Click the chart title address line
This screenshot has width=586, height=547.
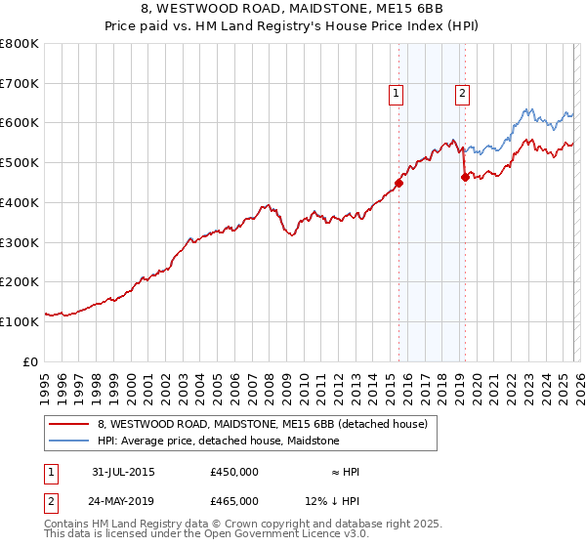[x=293, y=9]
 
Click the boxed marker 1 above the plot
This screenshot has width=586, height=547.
[x=397, y=94]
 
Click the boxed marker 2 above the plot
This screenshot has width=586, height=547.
[x=461, y=94]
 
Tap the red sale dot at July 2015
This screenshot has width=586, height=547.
[x=398, y=182]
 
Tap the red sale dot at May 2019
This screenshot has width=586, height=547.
[x=465, y=176]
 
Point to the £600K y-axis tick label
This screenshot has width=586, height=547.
[x=20, y=123]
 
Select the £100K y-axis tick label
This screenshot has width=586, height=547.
[x=20, y=321]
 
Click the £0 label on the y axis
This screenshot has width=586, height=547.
[x=30, y=361]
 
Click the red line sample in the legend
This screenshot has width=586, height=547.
[x=68, y=425]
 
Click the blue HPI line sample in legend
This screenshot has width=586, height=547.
[x=68, y=441]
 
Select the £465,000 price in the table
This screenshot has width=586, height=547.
[x=234, y=500]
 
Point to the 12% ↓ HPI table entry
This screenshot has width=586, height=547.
[x=333, y=500]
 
